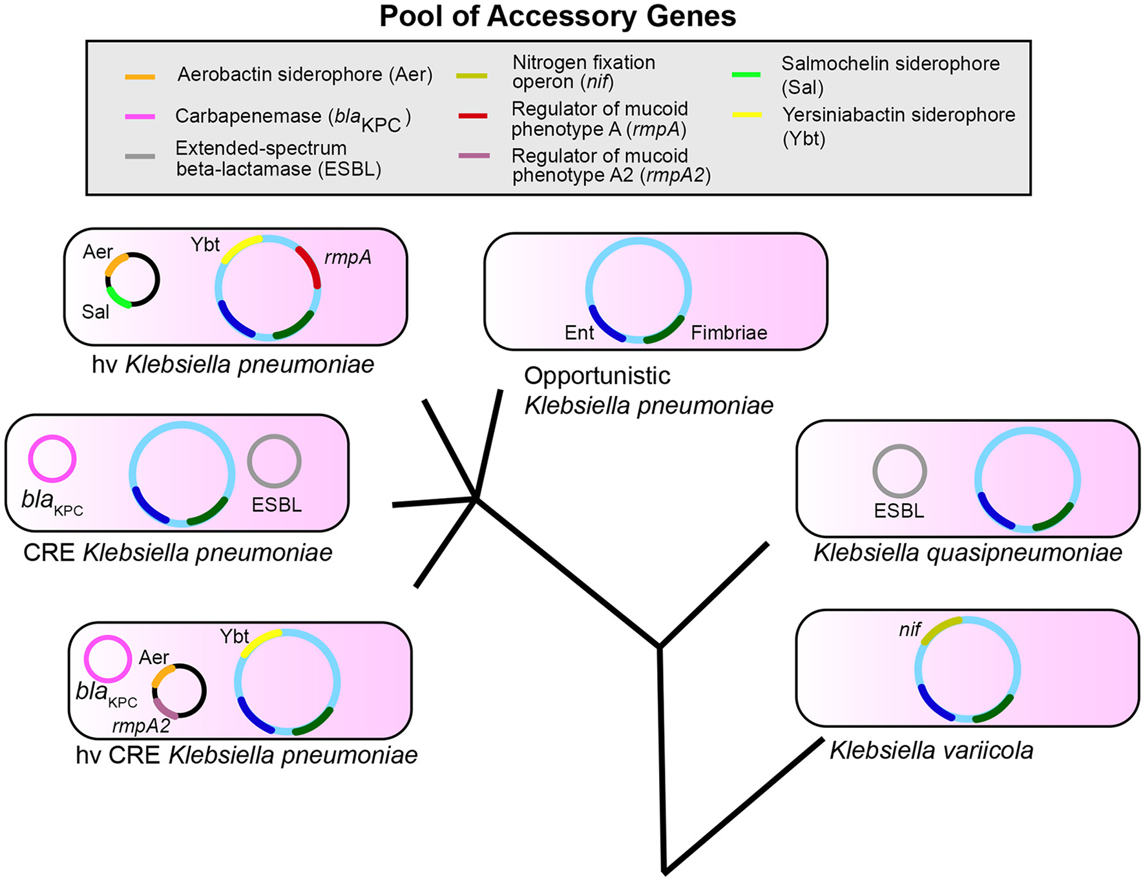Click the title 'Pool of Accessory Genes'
[557, 17]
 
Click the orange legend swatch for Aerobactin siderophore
[140, 77]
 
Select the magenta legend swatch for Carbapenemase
[140, 117]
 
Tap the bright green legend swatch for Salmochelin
[746, 75]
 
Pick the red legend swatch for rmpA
[472, 116]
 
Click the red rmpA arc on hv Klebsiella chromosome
[311, 265]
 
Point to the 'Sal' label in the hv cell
[95, 313]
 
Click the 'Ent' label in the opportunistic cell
[579, 333]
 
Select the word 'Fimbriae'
[729, 333]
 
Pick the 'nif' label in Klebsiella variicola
[909, 630]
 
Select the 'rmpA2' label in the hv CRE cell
[141, 727]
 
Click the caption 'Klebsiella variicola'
[931, 751]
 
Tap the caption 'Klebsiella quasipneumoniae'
[967, 553]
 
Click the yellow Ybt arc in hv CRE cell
[260, 641]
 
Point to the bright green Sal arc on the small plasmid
[116, 298]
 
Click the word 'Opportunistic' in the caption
[597, 376]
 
